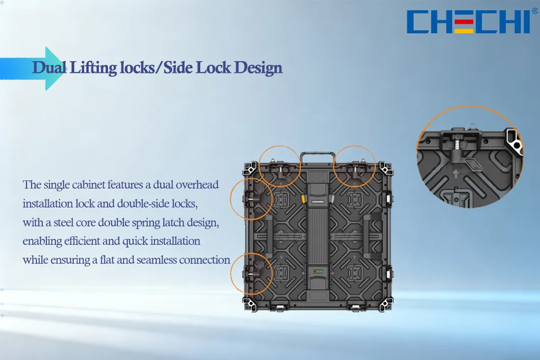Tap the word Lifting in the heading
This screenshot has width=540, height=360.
click(93, 68)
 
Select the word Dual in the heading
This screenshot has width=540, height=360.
click(49, 67)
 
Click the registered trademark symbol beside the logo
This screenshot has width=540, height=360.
click(535, 11)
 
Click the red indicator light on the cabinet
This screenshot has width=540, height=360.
click(315, 272)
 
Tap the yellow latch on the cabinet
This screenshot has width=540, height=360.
click(303, 199)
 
